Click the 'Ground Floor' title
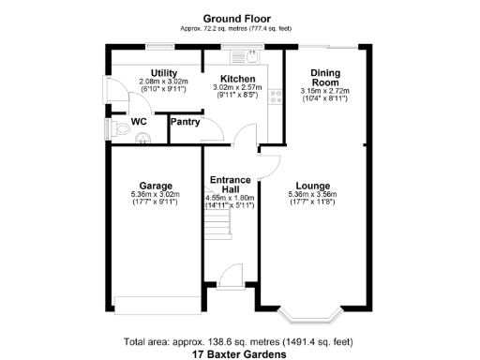239,18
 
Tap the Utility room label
163,72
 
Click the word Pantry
186,122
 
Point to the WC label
139,122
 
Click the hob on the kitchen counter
275,95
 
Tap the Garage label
155,185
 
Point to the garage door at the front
155,302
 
